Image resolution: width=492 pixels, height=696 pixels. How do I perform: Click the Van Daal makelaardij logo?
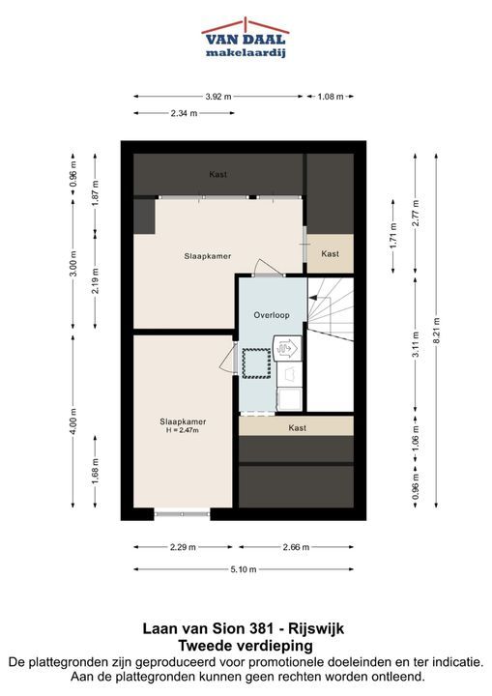(x=246, y=38)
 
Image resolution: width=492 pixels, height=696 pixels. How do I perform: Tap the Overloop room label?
(x=272, y=315)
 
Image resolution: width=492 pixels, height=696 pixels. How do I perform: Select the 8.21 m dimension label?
(x=437, y=331)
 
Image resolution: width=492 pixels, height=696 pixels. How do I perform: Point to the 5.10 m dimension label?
(x=244, y=569)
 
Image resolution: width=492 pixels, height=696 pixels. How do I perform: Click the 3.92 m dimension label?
(x=218, y=97)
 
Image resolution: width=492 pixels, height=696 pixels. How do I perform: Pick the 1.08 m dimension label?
(x=331, y=97)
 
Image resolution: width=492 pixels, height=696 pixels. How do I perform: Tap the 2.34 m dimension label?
(x=184, y=113)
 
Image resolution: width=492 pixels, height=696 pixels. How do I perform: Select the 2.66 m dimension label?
(x=296, y=547)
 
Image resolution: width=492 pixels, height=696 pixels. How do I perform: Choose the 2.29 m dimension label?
(x=183, y=547)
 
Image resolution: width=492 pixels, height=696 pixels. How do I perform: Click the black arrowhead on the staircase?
(x=312, y=298)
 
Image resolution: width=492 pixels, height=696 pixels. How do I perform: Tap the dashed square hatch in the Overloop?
(x=256, y=363)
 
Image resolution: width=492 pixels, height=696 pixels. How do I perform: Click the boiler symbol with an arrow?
(x=287, y=348)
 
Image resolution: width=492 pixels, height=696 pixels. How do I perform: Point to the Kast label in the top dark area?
(x=218, y=174)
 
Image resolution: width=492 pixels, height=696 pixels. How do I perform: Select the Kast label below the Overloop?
(x=297, y=428)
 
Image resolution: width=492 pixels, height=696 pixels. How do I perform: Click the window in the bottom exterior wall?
(x=182, y=514)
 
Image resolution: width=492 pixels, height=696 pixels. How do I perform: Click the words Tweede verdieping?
(x=246, y=646)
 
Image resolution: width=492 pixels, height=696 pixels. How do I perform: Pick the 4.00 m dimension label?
(x=73, y=421)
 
